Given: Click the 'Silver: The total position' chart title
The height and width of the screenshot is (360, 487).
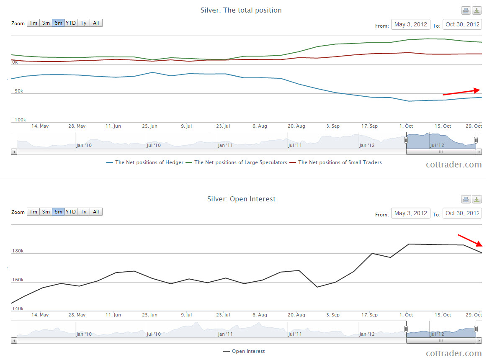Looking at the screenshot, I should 241,10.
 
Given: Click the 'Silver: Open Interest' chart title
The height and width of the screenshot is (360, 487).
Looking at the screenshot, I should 241,199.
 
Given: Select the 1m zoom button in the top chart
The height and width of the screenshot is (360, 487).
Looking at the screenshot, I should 33,23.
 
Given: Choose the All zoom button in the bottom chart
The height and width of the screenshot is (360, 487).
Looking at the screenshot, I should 96,212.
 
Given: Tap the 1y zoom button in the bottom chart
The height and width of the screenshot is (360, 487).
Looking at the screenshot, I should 84,212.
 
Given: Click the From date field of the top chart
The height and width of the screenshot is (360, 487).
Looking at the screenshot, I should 410,25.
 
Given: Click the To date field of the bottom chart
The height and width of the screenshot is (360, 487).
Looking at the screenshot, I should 462,213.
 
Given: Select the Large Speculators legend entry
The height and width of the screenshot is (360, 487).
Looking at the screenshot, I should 240,162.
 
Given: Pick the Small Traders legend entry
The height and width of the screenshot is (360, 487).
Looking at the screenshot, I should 340,162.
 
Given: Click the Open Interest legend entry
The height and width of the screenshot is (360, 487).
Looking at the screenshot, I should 248,351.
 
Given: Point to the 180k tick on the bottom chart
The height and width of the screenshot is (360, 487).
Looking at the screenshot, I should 18,251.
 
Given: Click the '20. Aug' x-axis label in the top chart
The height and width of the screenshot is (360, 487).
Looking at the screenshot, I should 296,126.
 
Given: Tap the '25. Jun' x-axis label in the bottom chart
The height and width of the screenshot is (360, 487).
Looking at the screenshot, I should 150,315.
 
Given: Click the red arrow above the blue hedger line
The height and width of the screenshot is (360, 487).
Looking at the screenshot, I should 461,92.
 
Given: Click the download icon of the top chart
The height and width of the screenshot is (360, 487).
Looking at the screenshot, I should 477,11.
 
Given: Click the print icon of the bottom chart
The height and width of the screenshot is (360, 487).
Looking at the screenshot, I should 466,200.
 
